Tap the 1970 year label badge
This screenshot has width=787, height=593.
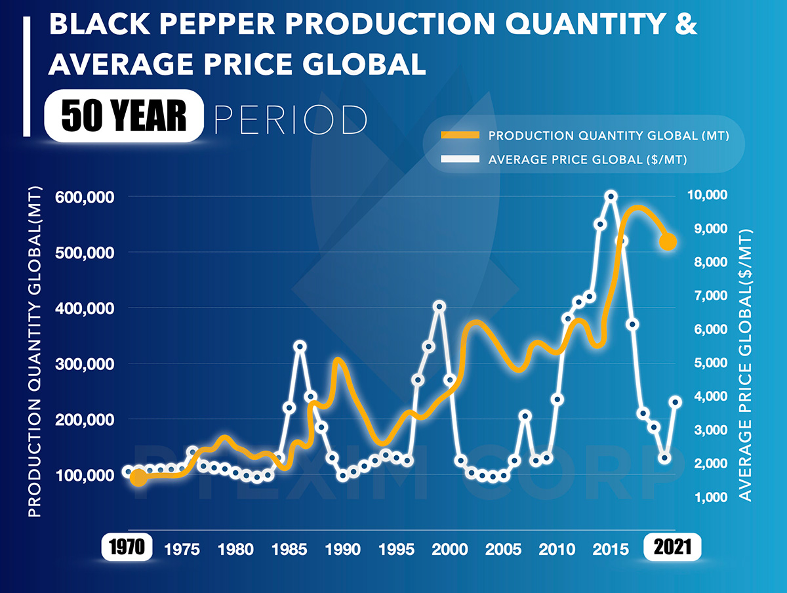[x=127, y=548]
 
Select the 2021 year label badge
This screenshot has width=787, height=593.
[x=673, y=548]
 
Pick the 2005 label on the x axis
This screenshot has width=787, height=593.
[x=504, y=548]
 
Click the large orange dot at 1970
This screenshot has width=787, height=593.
[x=138, y=478]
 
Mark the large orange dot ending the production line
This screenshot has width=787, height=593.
[x=668, y=242]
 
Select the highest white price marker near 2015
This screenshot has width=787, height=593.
[x=611, y=196]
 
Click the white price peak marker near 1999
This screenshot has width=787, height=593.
[x=439, y=306]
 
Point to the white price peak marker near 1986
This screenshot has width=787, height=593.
[x=300, y=346]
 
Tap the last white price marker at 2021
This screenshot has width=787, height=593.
[x=676, y=402]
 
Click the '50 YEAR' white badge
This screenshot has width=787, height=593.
[x=124, y=116]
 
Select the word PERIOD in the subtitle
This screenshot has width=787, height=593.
[x=291, y=118]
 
